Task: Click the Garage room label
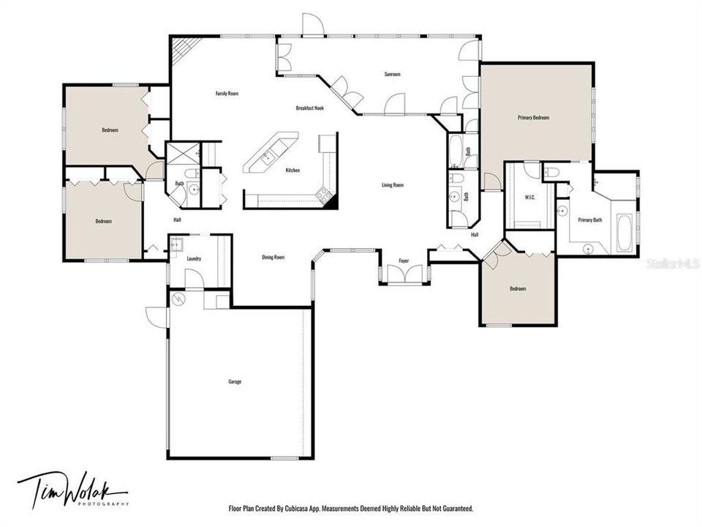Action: pyautogui.click(x=235, y=381)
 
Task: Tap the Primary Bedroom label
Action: pyautogui.click(x=533, y=117)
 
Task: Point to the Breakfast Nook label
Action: pyautogui.click(x=310, y=108)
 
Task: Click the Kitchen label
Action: pyautogui.click(x=292, y=171)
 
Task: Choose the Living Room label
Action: pyautogui.click(x=393, y=185)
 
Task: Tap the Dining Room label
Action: pyautogui.click(x=273, y=257)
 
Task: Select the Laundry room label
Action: pyautogui.click(x=194, y=258)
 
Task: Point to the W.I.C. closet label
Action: pyautogui.click(x=532, y=198)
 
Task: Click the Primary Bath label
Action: pyautogui.click(x=590, y=220)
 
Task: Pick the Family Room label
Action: pyautogui.click(x=227, y=94)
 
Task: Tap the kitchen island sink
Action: pyautogui.click(x=268, y=155)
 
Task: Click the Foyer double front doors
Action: pyautogui.click(x=404, y=276)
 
